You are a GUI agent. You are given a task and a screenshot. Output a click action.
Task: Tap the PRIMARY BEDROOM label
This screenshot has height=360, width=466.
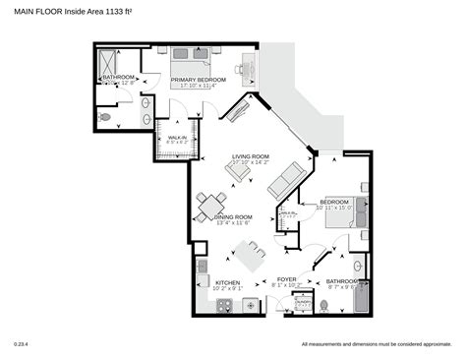199,80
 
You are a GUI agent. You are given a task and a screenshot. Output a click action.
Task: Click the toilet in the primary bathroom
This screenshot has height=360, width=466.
106,116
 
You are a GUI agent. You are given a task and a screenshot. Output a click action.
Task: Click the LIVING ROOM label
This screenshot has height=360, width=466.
251,156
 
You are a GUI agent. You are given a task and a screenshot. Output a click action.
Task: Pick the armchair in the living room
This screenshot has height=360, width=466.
238,171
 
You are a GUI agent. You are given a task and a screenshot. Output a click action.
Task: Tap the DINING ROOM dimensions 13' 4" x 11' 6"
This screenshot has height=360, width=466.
234,223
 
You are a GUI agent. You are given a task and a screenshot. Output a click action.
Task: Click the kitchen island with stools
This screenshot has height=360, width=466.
250,258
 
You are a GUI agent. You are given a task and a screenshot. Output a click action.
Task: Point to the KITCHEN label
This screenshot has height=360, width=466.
227,282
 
